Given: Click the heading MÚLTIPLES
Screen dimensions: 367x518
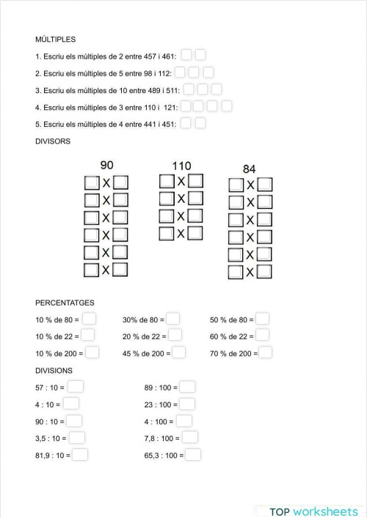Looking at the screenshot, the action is (x=56, y=40).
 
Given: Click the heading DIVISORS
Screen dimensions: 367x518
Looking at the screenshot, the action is (x=53, y=141).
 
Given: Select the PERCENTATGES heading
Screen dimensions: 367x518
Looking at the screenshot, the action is (x=65, y=302).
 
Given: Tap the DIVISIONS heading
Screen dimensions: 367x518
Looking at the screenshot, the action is (x=54, y=371).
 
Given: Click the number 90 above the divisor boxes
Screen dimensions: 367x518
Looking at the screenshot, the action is (x=106, y=166).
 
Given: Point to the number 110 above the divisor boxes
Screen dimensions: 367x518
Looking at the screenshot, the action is (x=181, y=166).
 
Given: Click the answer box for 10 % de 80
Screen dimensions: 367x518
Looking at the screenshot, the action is (x=89, y=319).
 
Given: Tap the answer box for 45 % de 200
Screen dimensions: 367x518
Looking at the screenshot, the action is (x=178, y=352).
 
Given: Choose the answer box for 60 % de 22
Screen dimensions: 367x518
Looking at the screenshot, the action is (x=262, y=336).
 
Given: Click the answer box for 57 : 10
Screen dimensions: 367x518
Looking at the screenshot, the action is (x=76, y=387).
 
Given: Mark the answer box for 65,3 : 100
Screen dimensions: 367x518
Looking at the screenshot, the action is (x=193, y=455).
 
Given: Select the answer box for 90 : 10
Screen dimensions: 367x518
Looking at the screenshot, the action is (x=74, y=421).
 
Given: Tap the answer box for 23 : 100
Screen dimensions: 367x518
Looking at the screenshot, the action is (x=187, y=404).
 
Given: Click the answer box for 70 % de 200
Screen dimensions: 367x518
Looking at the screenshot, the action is (x=265, y=352).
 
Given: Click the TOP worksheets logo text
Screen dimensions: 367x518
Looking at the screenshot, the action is (x=313, y=511).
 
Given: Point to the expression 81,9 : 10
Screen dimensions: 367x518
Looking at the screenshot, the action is (x=52, y=456).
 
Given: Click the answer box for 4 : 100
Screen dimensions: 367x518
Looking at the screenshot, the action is (x=183, y=421).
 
